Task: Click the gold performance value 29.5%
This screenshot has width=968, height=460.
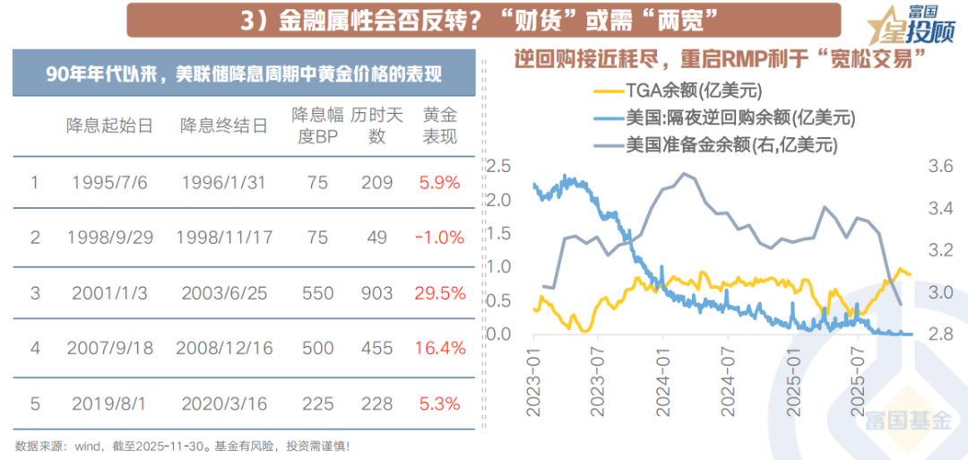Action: (439, 293)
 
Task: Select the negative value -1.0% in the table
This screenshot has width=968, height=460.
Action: (439, 238)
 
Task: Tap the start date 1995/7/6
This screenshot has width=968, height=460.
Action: (108, 183)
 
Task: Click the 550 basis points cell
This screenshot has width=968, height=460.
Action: (318, 293)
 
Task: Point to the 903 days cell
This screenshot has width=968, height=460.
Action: (376, 293)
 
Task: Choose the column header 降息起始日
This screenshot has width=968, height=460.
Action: (108, 126)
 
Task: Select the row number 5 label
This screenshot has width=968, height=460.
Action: (35, 404)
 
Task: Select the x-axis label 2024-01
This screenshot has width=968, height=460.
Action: (662, 381)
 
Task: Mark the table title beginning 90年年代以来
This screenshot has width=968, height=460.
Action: (244, 74)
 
